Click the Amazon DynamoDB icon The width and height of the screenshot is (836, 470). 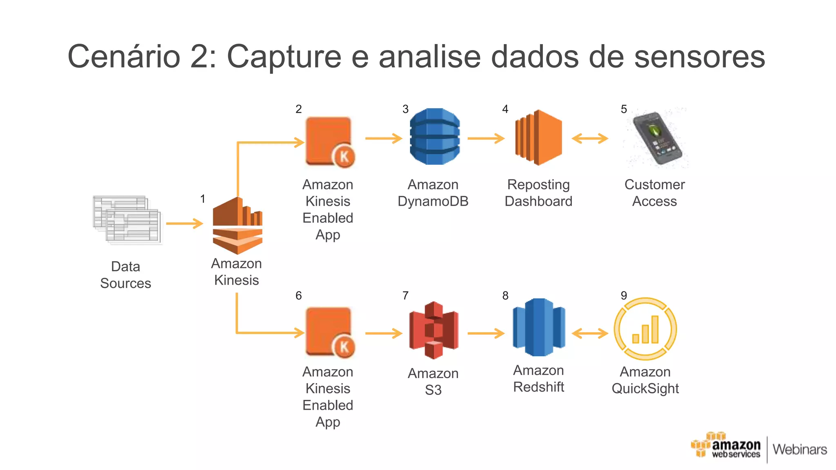click(434, 136)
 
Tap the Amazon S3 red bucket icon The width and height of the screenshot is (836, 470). click(434, 330)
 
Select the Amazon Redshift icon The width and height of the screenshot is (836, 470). click(539, 327)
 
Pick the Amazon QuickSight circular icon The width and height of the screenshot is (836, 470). click(645, 329)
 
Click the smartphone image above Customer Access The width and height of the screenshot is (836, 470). click(656, 138)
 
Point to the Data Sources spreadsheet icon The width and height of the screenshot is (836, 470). click(127, 220)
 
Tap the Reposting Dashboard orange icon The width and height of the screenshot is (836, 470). click(539, 137)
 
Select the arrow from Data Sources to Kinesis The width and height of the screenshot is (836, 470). click(185, 224)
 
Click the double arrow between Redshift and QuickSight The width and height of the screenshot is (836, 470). click(590, 333)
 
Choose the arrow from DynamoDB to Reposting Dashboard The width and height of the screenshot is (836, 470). click(486, 138)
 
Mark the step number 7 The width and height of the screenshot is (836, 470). click(405, 295)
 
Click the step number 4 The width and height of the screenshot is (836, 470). click(505, 109)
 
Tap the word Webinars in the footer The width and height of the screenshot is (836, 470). click(800, 449)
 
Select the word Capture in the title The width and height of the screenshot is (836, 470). click(284, 56)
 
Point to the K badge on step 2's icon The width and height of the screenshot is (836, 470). click(344, 156)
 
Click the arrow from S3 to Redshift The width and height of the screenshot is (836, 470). click(486, 333)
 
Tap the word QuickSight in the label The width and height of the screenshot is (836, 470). click(645, 388)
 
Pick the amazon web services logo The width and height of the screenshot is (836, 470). click(725, 447)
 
